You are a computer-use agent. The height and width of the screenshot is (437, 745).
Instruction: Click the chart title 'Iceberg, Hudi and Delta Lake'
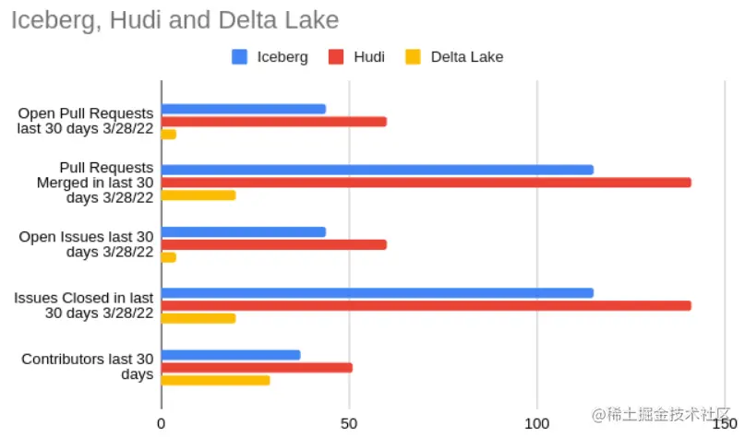pos(174,19)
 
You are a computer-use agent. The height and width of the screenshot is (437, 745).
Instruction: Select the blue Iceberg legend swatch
pos(240,57)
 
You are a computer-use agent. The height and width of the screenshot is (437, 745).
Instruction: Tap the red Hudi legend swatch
pos(337,57)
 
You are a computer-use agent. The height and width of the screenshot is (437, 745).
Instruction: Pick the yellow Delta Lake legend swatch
pos(413,57)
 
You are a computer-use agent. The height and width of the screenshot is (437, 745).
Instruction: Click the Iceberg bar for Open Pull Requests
pos(244,109)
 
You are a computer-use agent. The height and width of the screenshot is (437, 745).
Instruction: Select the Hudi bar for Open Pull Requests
pos(274,122)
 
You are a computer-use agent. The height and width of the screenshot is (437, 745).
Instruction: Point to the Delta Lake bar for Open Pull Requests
pos(169,135)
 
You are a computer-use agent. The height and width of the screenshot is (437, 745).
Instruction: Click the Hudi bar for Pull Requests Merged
pos(427,183)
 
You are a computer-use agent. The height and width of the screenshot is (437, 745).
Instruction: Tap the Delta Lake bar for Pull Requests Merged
pos(198,195)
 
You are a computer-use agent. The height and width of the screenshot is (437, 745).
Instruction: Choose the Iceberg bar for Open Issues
pos(244,232)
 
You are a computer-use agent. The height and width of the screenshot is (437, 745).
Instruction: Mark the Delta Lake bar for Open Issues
pos(169,257)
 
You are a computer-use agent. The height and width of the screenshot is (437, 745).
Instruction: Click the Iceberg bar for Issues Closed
pos(378,293)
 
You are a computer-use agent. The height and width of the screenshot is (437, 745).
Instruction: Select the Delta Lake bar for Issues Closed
pos(198,318)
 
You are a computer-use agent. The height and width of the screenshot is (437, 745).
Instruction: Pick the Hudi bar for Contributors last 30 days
pos(257,368)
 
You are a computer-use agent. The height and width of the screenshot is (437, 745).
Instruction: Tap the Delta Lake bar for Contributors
pos(216,380)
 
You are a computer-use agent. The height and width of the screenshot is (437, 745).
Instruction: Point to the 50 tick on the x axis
pos(349,424)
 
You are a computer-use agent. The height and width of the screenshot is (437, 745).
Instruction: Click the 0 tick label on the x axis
pos(162,424)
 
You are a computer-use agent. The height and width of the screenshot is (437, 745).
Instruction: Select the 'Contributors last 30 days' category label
pos(88,367)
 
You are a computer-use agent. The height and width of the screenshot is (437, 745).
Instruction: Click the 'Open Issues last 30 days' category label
pos(86,244)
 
